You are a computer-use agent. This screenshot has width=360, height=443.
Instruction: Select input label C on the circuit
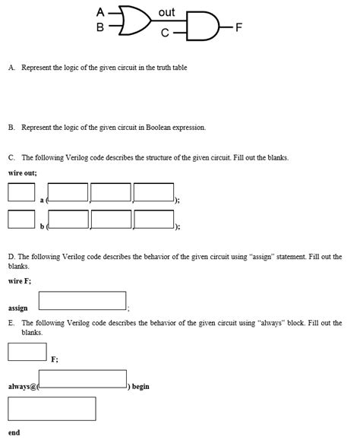(165, 33)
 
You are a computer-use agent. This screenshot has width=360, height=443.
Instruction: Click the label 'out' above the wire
(167, 13)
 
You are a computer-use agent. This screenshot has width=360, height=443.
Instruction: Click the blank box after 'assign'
(82, 301)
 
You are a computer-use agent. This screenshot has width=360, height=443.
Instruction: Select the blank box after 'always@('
(82, 379)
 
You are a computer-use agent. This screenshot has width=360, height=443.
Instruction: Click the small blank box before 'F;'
(27, 352)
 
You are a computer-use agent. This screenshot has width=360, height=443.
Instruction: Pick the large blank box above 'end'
(52, 409)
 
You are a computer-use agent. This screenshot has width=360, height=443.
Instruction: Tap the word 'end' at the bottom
(14, 432)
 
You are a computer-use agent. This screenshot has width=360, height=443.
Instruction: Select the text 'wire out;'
(23, 173)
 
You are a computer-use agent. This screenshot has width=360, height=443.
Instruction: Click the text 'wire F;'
(20, 281)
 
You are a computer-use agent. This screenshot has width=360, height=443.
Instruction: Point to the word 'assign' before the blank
(18, 309)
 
